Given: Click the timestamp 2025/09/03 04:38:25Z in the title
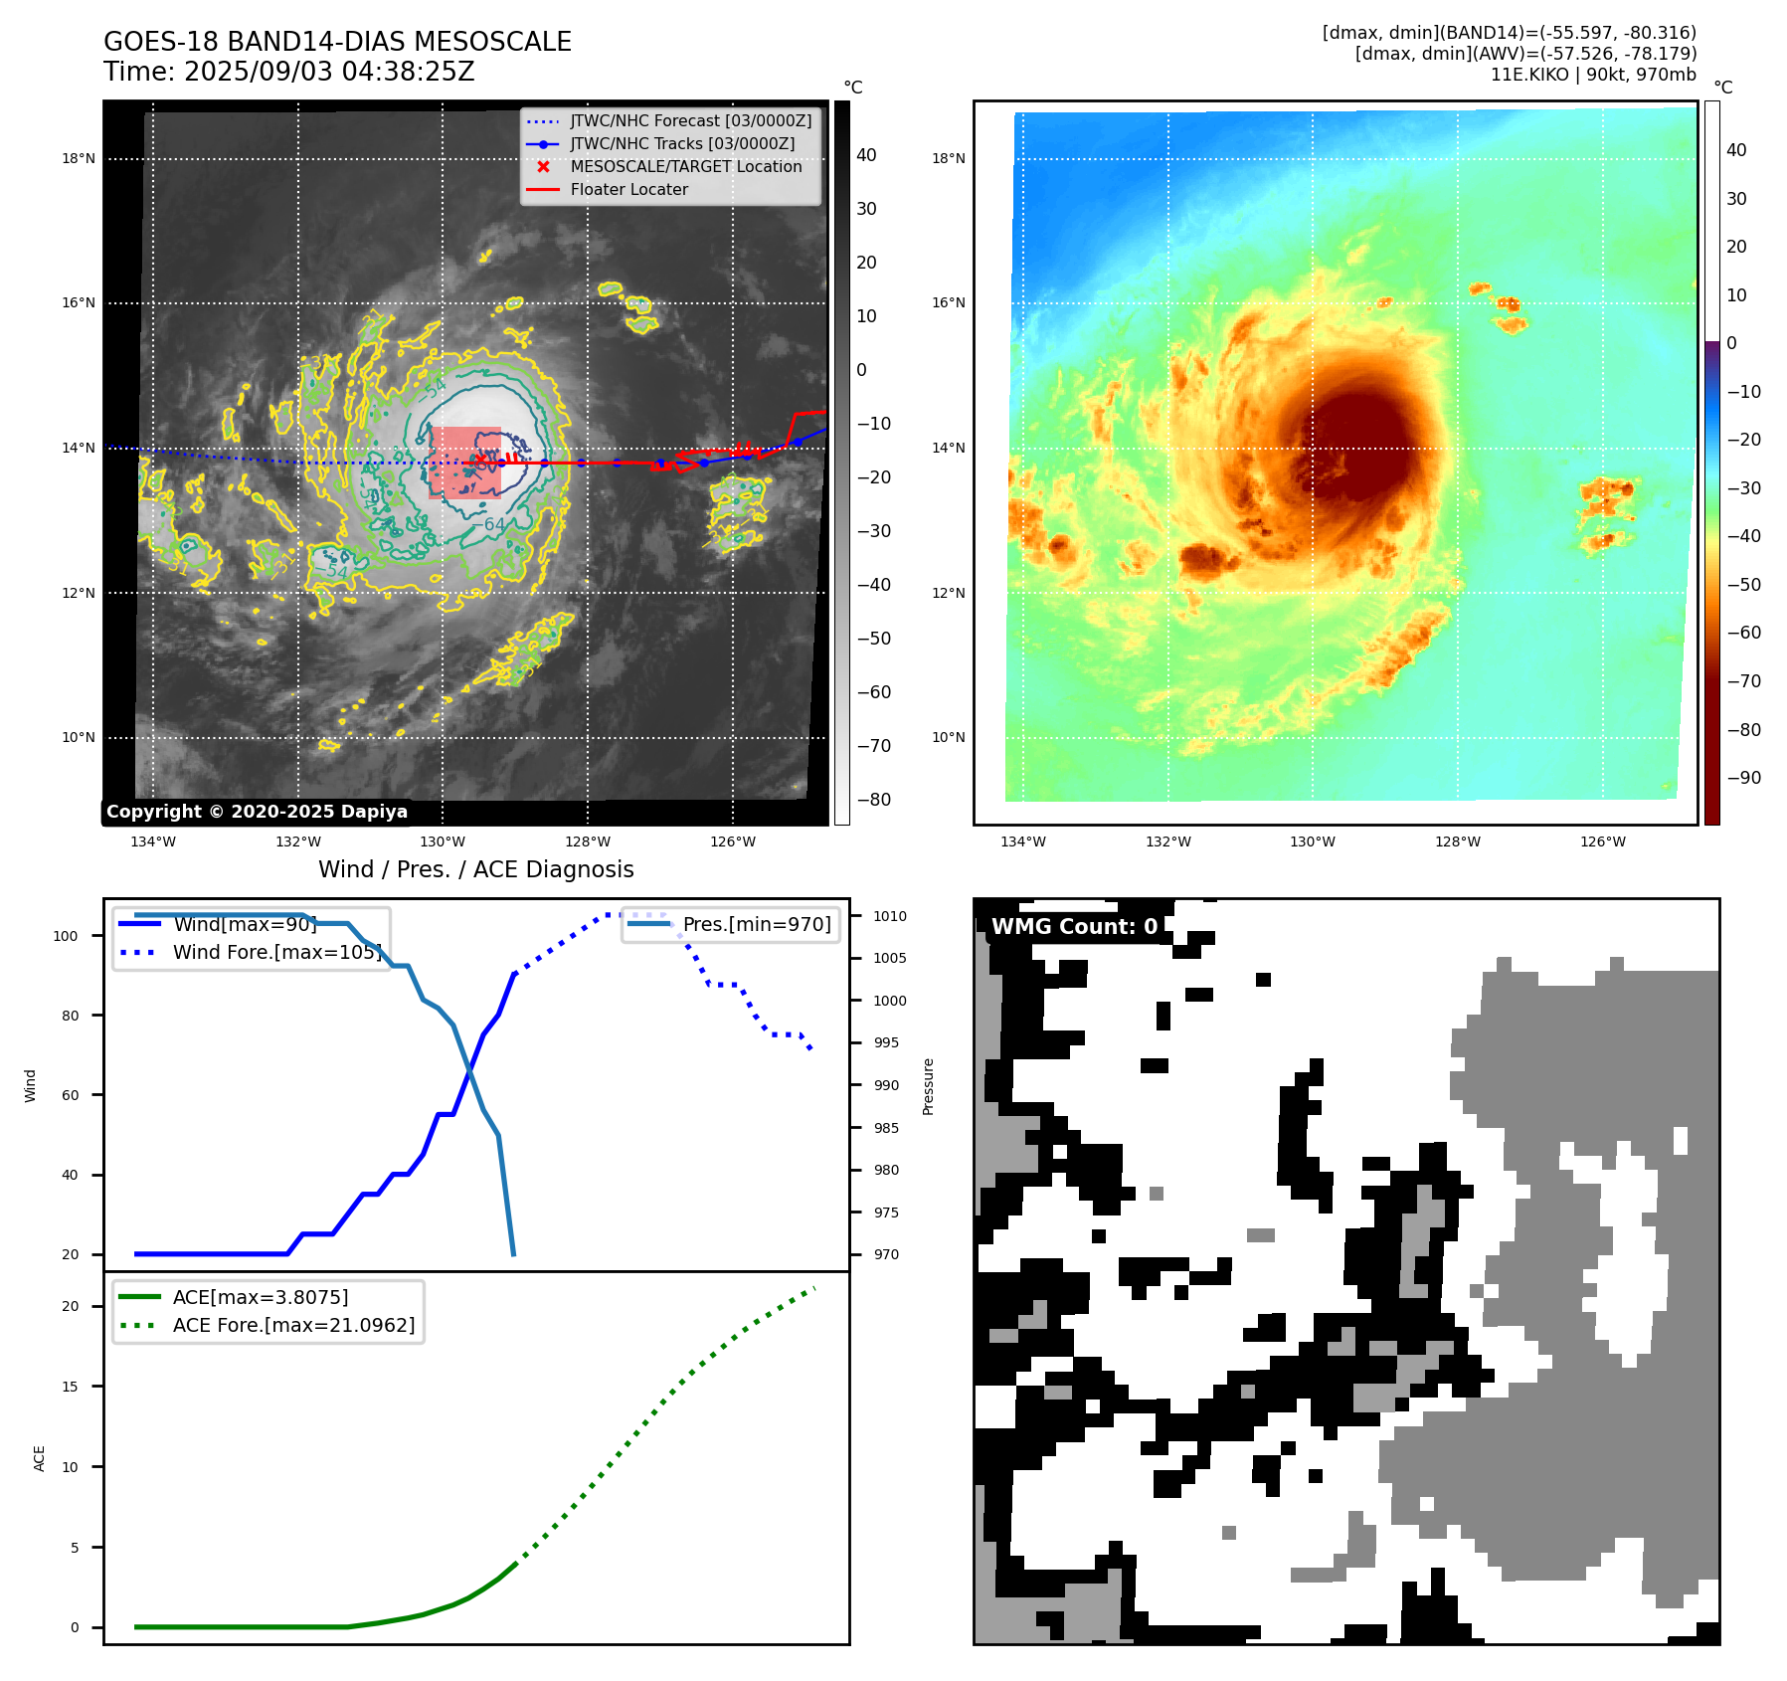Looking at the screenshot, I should (x=329, y=73).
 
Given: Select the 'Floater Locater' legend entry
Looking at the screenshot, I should (x=628, y=190).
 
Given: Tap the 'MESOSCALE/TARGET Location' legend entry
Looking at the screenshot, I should (x=685, y=167).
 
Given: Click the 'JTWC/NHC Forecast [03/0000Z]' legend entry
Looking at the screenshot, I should (x=690, y=121).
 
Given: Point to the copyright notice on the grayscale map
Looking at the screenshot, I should (x=257, y=812).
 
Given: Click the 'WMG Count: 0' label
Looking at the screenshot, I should (x=1074, y=927).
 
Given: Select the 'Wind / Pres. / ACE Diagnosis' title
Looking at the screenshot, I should (x=475, y=869).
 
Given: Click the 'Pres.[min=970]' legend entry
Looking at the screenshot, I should (x=756, y=924).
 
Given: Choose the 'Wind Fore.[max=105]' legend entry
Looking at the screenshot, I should (x=276, y=952).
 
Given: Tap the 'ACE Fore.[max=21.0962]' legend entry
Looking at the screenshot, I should (x=293, y=1325).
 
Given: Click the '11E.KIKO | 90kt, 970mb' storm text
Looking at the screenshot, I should (x=1593, y=75).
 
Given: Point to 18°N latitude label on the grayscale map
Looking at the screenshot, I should (x=79, y=159).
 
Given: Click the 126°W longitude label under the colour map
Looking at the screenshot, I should (x=1603, y=842).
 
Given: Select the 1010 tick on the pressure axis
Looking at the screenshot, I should (x=890, y=916).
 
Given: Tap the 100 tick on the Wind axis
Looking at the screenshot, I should (x=66, y=936).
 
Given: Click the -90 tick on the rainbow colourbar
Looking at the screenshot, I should (x=1744, y=778).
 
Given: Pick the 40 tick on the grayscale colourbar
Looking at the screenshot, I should (x=866, y=155).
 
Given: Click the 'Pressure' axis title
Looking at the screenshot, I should (x=929, y=1086).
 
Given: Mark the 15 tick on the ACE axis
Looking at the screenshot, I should (x=70, y=1387).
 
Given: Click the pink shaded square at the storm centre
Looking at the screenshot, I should (x=464, y=463).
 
